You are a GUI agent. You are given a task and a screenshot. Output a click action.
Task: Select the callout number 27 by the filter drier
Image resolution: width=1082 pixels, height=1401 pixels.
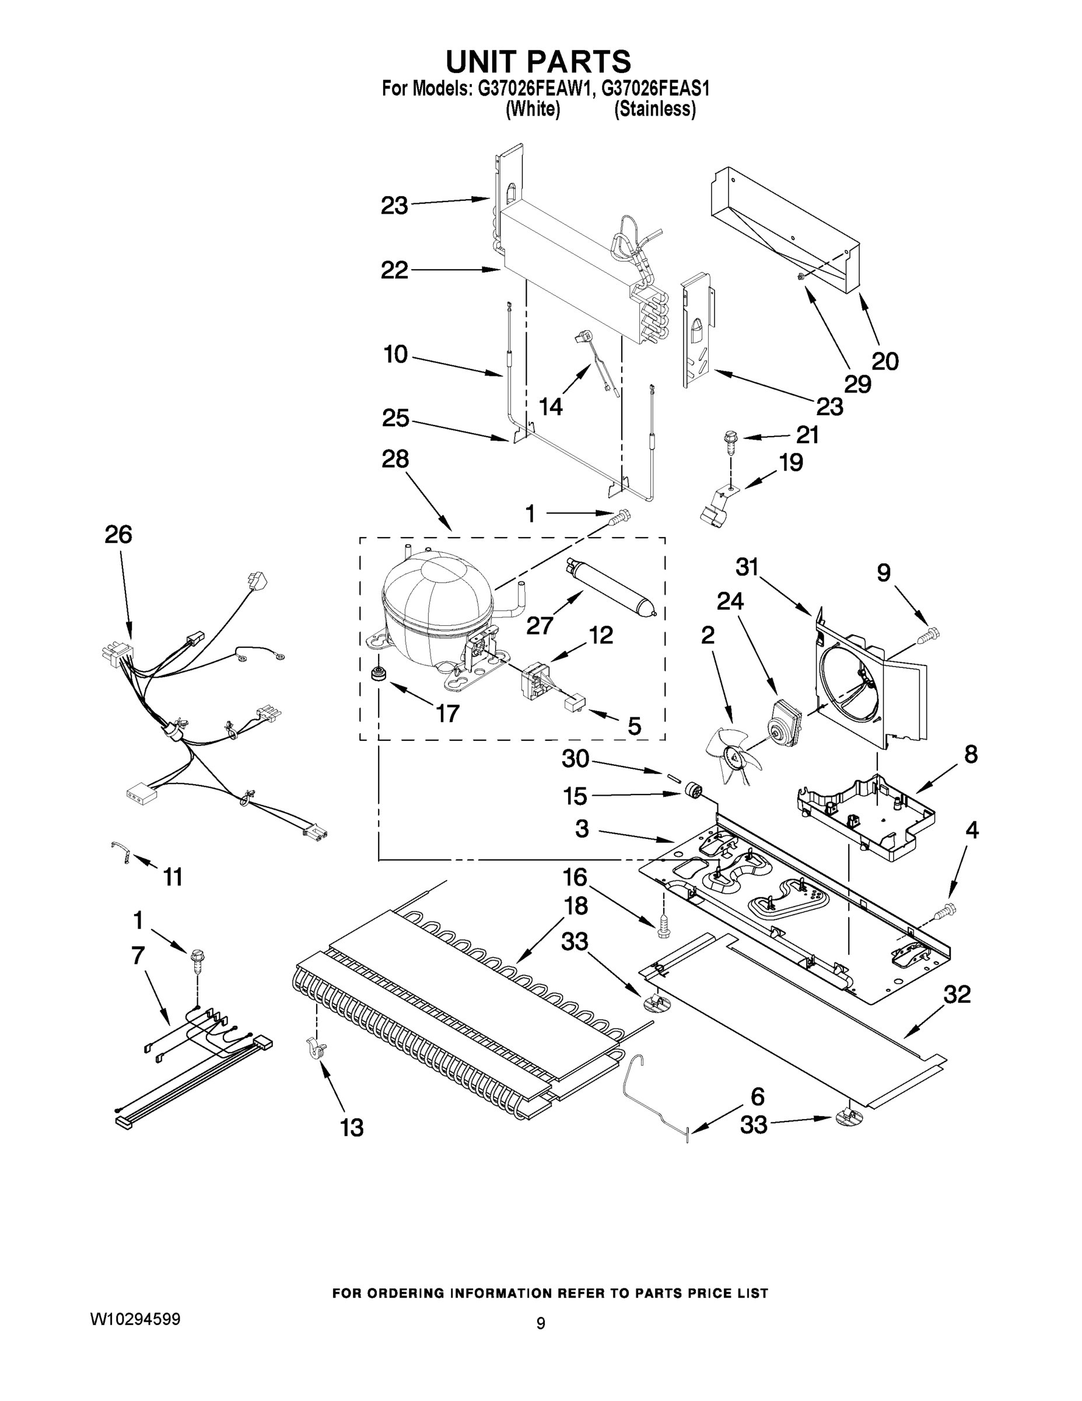click(x=540, y=625)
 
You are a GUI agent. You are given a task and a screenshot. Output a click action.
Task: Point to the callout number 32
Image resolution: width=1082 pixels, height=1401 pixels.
click(x=957, y=995)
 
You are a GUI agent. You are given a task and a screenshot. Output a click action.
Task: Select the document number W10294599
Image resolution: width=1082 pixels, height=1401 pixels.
click(x=135, y=1318)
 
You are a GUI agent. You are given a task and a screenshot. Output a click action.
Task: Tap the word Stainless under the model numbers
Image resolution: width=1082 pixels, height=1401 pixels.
click(x=654, y=109)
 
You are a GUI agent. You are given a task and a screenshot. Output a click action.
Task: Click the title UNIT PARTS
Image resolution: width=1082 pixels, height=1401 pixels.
click(x=538, y=61)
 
